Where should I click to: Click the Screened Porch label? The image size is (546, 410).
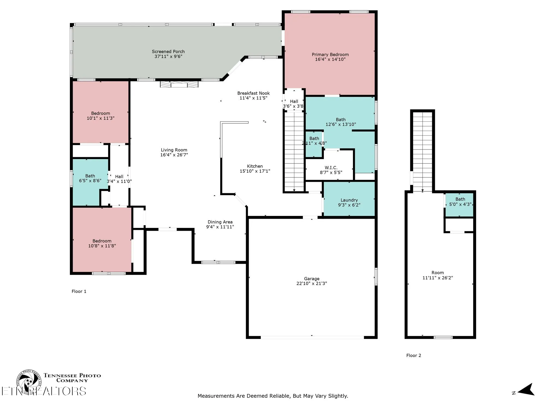pyautogui.click(x=168, y=51)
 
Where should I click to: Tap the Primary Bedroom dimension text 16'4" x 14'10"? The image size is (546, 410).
pyautogui.click(x=330, y=59)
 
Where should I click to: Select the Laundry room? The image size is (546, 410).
pyautogui.click(x=349, y=202)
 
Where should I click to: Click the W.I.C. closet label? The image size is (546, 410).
pyautogui.click(x=331, y=168)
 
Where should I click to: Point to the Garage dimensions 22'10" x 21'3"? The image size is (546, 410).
pyautogui.click(x=311, y=283)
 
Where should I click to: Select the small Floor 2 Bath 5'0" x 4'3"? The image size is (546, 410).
pyautogui.click(x=460, y=202)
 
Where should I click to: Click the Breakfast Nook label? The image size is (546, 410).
pyautogui.click(x=253, y=93)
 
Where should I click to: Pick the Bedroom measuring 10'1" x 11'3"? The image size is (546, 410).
pyautogui.click(x=100, y=116)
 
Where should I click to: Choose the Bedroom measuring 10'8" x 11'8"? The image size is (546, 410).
pyautogui.click(x=102, y=243)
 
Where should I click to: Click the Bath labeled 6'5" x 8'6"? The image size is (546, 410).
pyautogui.click(x=90, y=178)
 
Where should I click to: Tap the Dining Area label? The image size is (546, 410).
pyautogui.click(x=220, y=222)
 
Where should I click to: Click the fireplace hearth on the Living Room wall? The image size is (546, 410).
pyautogui.click(x=179, y=84)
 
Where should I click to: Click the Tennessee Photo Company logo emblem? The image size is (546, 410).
pyautogui.click(x=29, y=381)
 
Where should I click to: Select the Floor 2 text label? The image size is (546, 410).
pyautogui.click(x=414, y=355)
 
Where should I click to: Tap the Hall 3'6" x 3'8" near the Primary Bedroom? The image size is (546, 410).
pyautogui.click(x=294, y=104)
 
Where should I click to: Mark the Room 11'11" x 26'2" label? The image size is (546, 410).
pyautogui.click(x=438, y=275)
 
